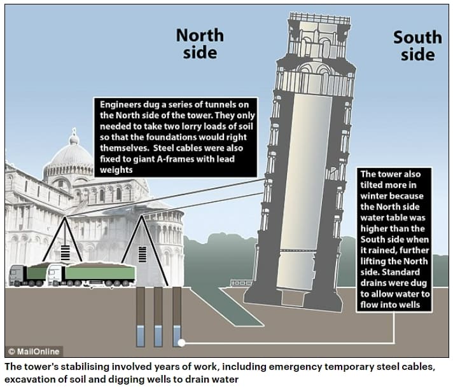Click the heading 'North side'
coord(200,43)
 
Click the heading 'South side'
coord(417,46)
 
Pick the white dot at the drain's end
coord(183,343)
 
